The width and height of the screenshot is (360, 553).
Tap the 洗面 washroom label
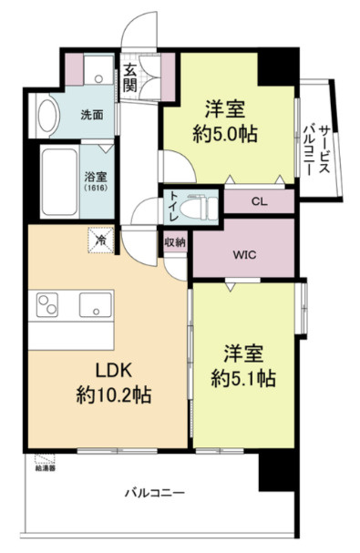click(x=90, y=115)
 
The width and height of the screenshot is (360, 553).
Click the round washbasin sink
click(x=46, y=115)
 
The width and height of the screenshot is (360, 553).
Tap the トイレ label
click(x=171, y=207)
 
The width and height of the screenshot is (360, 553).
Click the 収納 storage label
click(x=175, y=242)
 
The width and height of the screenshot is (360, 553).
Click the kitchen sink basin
click(x=95, y=302)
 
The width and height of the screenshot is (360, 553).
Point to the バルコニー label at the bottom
click(x=155, y=493)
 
